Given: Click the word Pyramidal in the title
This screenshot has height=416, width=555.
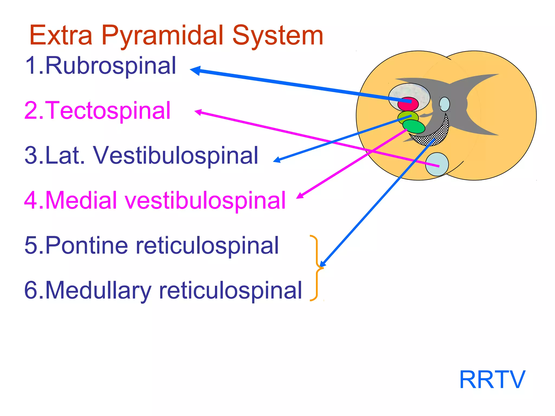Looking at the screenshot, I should (162, 36).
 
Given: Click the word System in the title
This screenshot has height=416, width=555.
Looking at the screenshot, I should (277, 36).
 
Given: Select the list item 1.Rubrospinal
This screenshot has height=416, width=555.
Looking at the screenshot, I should (100, 66).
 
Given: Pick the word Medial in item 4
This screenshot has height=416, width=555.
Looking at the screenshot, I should (81, 200).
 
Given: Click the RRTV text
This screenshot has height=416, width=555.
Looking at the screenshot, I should (492, 380).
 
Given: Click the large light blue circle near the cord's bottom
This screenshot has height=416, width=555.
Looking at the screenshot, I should (437, 164).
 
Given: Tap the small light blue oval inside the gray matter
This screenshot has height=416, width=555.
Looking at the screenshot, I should (444, 104).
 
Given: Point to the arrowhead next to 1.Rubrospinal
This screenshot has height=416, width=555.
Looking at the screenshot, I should (195, 70).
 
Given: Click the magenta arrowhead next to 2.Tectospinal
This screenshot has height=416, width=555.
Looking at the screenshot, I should (198, 112).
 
